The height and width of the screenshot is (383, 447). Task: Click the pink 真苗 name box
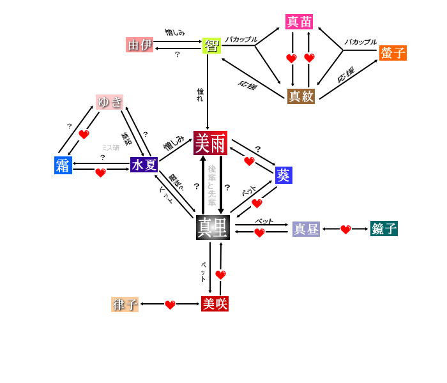(299, 22)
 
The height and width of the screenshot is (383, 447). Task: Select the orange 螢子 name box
(393, 53)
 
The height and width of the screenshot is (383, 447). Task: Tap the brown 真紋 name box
(301, 96)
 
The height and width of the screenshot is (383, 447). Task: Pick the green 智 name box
(211, 45)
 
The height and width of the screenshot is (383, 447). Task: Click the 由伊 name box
(140, 45)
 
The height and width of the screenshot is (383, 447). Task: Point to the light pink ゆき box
(109, 102)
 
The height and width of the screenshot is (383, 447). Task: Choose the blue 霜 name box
(63, 165)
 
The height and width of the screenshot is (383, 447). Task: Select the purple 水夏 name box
(144, 165)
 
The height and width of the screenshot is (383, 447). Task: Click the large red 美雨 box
(210, 143)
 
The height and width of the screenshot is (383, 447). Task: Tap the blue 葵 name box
(284, 175)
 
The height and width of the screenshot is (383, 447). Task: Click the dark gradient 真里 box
(213, 227)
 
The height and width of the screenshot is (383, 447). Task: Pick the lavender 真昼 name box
(306, 229)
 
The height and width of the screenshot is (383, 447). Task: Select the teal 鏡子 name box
(384, 229)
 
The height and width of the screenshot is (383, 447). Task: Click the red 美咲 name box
(215, 304)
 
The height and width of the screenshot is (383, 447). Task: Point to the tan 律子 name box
(125, 304)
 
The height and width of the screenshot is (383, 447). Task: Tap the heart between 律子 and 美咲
(170, 305)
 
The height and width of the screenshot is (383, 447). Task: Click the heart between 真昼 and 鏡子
(345, 230)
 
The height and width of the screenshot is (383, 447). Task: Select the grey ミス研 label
(110, 147)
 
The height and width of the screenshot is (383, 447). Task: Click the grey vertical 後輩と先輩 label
(212, 185)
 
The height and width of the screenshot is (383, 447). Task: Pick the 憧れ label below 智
(201, 94)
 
